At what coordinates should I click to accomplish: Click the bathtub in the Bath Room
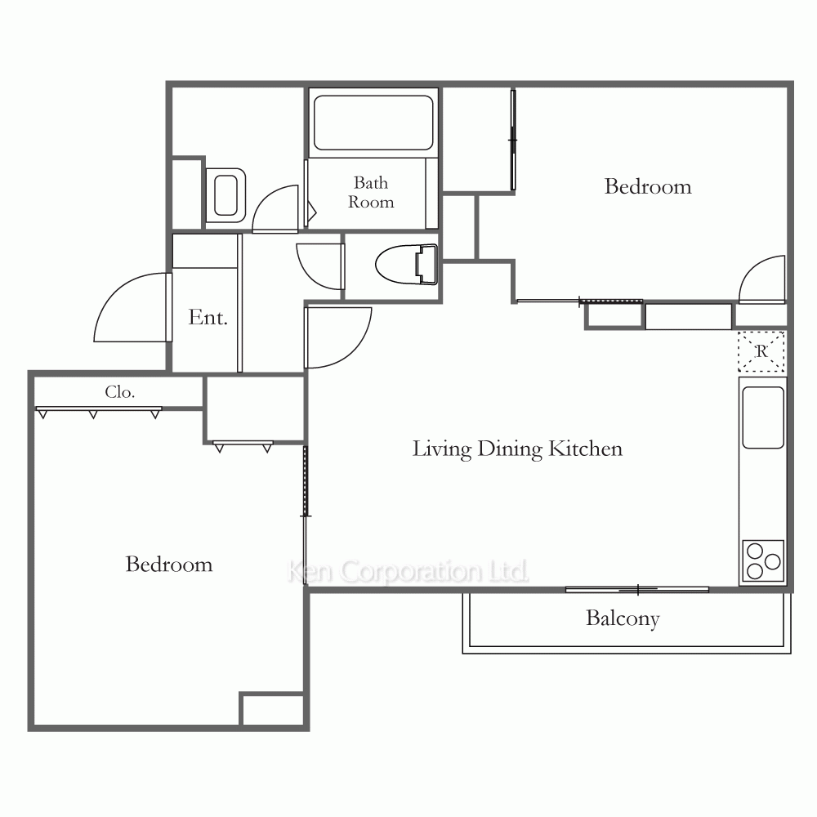coord(373,123)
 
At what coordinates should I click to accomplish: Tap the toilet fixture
coord(406,265)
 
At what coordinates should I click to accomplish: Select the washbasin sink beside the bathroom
coord(225,195)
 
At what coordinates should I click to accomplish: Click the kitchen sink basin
coord(763,417)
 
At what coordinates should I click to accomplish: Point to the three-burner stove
coord(763,560)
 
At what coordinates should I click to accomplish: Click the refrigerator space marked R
coord(761,351)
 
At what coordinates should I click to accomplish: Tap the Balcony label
coord(623,618)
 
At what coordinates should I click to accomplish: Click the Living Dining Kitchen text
coord(517,449)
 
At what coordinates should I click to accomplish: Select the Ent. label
coord(208,317)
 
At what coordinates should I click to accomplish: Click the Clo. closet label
coord(120,392)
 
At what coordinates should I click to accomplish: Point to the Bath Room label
coord(371,192)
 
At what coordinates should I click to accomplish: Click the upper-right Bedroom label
coord(648,186)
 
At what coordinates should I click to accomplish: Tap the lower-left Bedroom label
coord(169,565)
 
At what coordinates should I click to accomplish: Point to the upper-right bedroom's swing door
coord(750,268)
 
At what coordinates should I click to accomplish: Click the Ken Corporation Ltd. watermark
coord(408,571)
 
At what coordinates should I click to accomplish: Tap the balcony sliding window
coord(637,590)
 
